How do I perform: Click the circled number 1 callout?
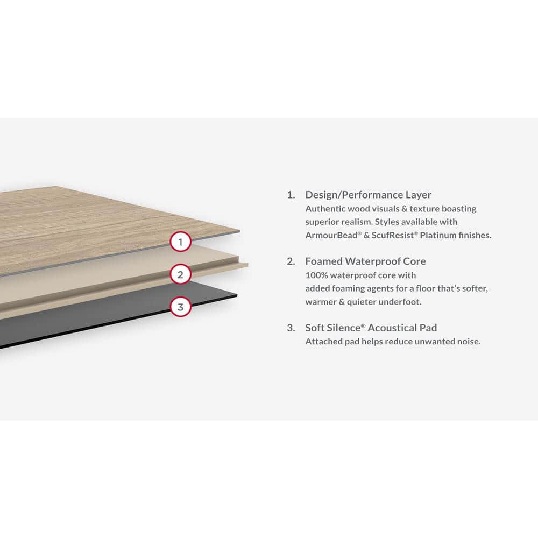181,242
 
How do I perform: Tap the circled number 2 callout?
181,275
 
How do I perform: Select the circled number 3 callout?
181,308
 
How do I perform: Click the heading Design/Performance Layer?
368,195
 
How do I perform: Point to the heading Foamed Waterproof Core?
365,261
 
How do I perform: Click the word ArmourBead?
328,235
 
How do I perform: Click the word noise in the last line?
467,342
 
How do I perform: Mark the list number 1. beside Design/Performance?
291,195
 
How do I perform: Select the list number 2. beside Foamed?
291,261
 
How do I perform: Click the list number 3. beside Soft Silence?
291,328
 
